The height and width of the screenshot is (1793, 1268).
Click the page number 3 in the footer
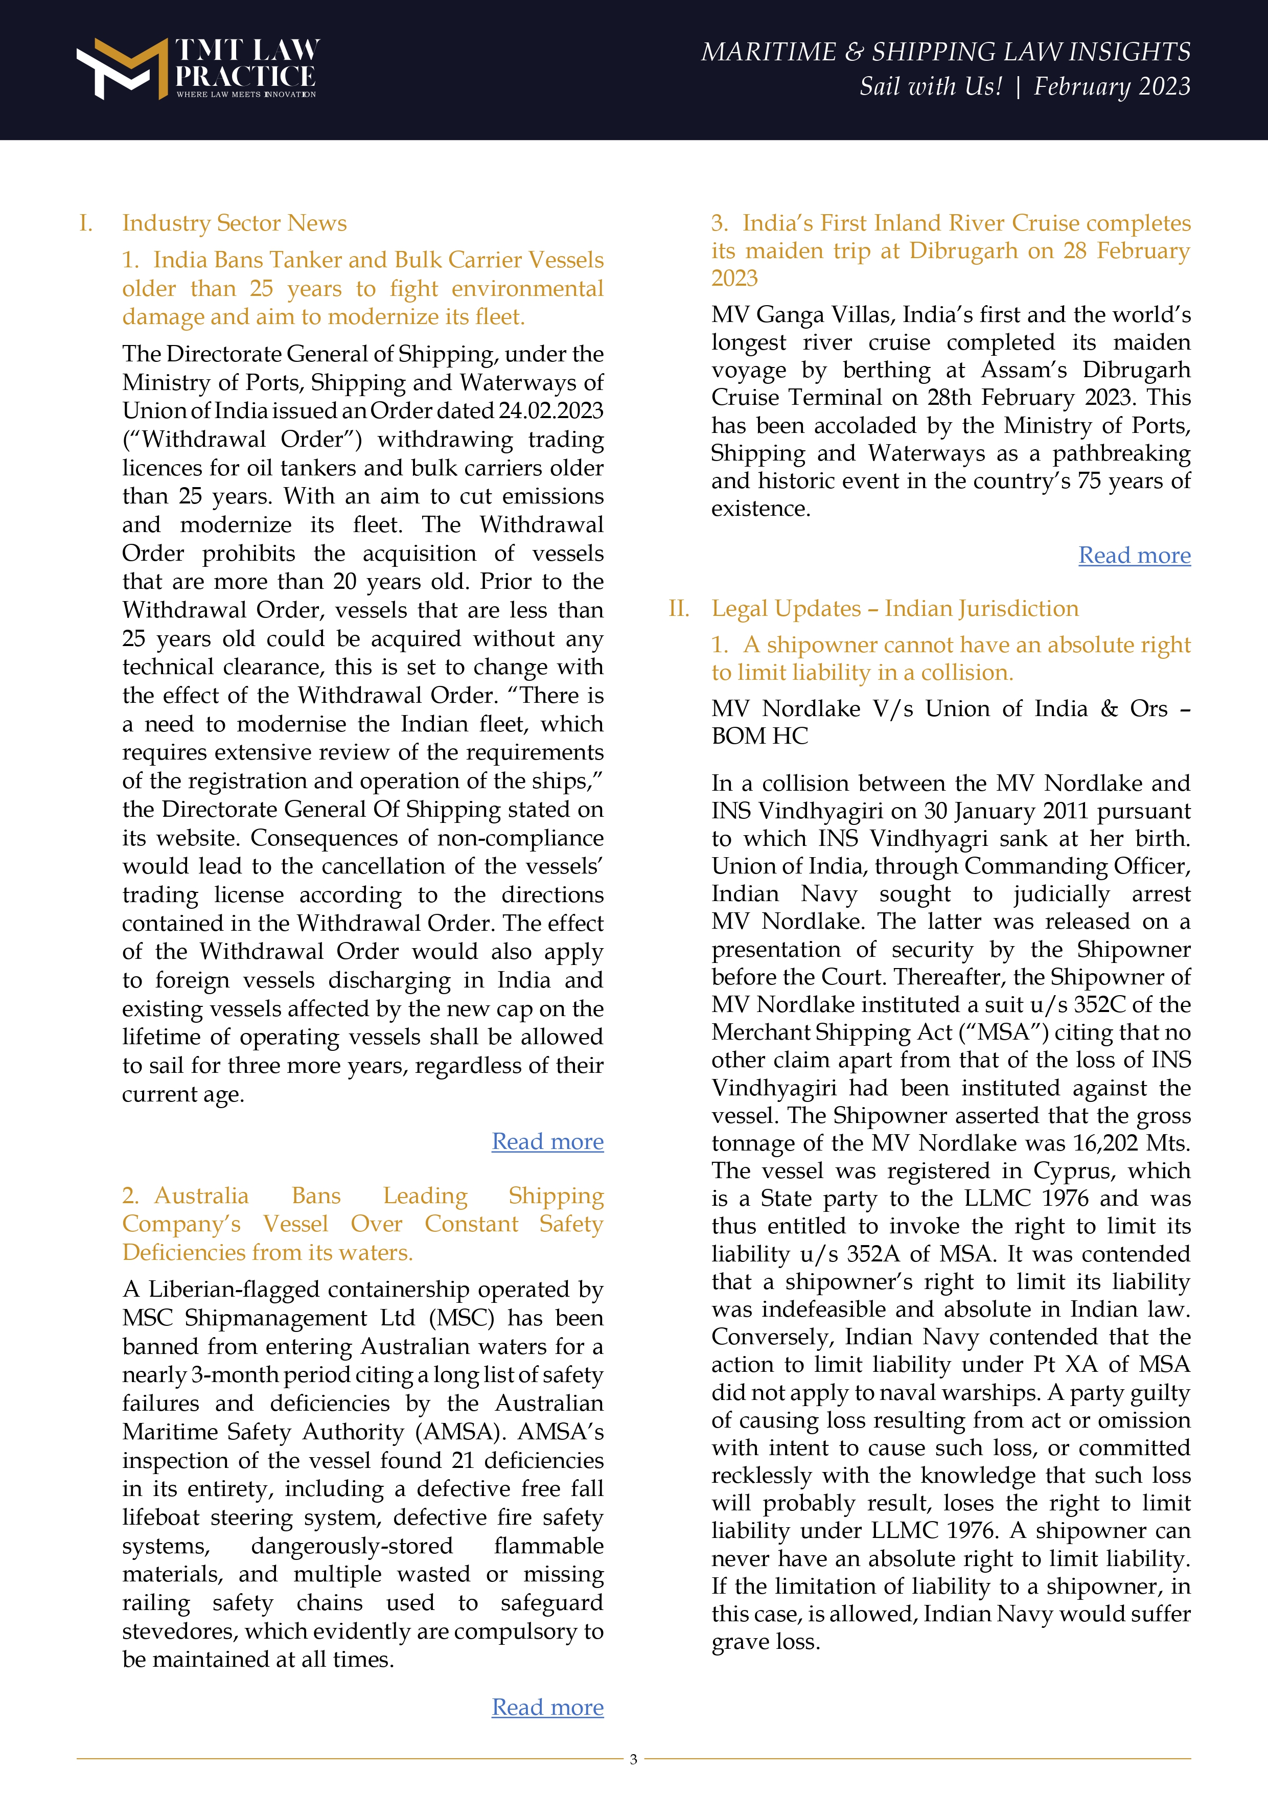click(633, 1759)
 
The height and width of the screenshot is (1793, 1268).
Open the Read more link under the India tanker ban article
click(547, 1142)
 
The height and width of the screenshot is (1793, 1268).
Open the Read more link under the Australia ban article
click(547, 1707)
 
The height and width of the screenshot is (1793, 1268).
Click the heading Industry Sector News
click(234, 223)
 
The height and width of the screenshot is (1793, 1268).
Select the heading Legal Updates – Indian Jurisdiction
click(895, 608)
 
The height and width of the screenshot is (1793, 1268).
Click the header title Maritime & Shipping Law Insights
click(946, 52)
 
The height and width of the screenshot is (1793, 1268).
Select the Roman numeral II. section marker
click(679, 608)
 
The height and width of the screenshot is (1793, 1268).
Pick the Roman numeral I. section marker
click(86, 223)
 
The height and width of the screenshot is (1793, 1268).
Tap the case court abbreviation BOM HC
click(759, 737)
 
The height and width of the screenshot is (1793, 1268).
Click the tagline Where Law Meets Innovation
click(246, 95)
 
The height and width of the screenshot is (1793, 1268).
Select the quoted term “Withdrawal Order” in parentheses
click(242, 439)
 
